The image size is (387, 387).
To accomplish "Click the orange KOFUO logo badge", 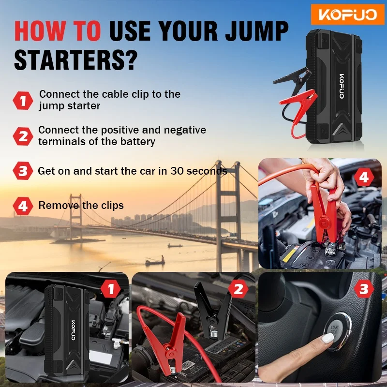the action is pos(347,15).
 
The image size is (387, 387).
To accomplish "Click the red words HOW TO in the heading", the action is pos(58,31).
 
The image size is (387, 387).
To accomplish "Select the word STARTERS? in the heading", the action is pos(76,60).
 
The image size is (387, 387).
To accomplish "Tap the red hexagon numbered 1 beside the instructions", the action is pos(23,101).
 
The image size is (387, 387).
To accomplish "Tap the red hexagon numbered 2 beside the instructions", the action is pos(23,136).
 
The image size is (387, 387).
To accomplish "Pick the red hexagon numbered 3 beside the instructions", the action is pos(23,171).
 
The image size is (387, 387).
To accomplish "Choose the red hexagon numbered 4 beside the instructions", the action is pos(23,206).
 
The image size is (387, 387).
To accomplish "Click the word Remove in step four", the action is pos(59,205).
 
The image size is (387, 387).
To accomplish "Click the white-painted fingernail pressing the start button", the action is pos(328,338).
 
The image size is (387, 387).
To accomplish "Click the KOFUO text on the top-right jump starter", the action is pos(342,86).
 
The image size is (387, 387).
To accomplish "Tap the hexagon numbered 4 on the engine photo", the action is pos(364,177).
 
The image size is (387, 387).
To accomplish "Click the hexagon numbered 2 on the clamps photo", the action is pos(238,289).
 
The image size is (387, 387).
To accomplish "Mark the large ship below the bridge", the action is pos(155,261).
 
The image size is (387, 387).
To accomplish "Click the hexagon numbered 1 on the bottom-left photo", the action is pos(111,289).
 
